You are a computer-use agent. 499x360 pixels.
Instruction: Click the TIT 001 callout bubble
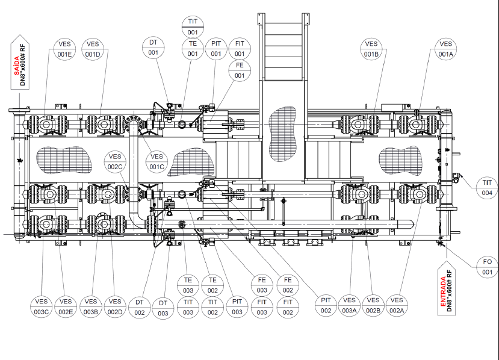(193, 26)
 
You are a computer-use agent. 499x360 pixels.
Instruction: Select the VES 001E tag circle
(64, 49)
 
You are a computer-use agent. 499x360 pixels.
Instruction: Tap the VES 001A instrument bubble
(445, 49)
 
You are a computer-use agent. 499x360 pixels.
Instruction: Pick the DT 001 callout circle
(153, 48)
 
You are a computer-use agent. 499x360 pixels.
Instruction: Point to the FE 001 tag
(240, 70)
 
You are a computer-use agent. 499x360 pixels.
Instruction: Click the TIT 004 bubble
(487, 187)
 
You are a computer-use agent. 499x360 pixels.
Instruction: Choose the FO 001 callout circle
(487, 267)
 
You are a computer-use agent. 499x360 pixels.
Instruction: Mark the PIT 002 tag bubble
(326, 305)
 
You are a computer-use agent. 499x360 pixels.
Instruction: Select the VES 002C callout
(115, 162)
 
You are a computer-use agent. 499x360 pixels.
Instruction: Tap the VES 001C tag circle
(157, 162)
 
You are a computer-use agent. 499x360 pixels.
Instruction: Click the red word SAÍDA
(16, 66)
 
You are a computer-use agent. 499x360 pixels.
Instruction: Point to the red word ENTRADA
(443, 291)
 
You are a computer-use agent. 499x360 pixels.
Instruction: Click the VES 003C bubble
(42, 306)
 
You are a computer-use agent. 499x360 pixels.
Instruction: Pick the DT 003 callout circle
(163, 308)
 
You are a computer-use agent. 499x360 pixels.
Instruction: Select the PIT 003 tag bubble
(237, 306)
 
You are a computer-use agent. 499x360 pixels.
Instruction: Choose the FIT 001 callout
(240, 48)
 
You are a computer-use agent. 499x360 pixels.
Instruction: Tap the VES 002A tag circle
(397, 305)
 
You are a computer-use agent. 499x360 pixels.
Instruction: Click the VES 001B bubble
(371, 49)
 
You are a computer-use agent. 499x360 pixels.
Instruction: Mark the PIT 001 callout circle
(215, 48)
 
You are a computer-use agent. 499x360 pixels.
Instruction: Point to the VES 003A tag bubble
(349, 305)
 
